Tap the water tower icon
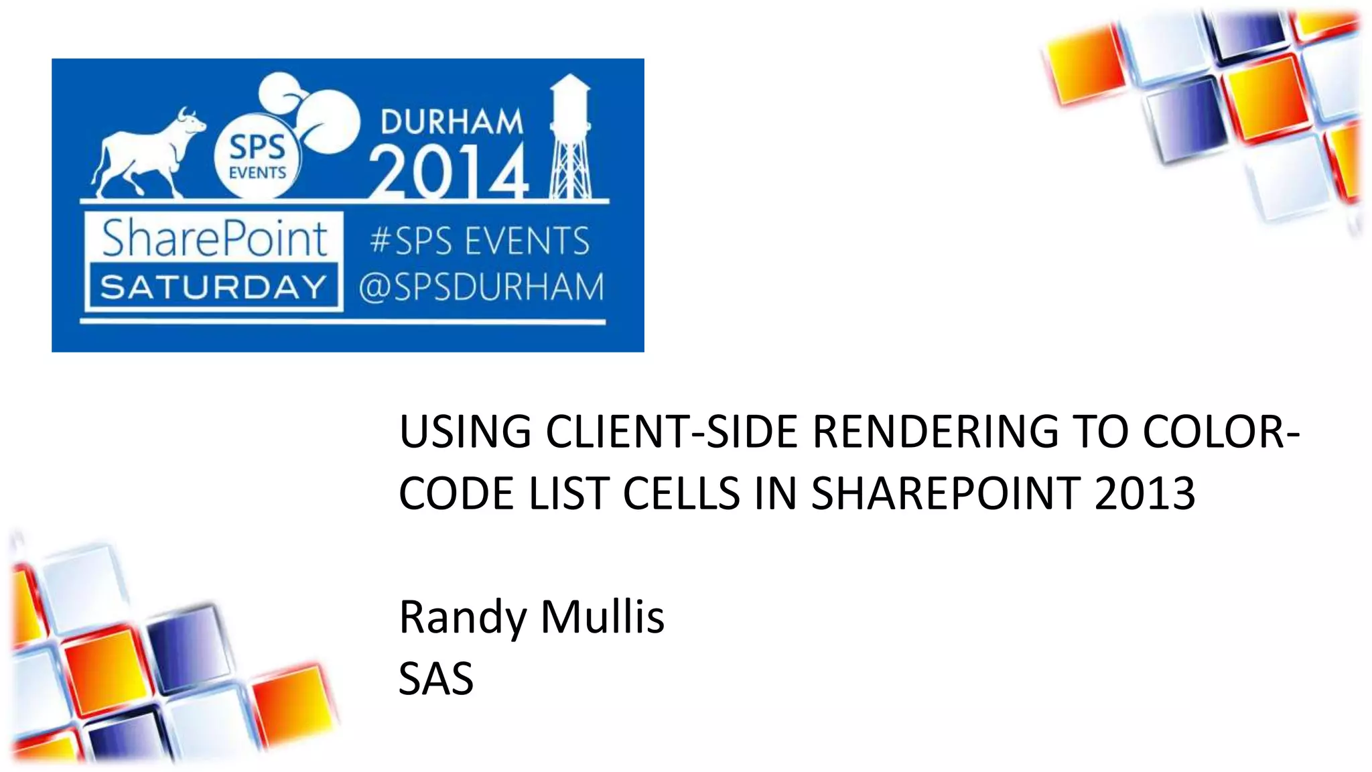570,137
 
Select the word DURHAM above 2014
452,122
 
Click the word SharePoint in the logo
214,239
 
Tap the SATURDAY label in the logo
214,287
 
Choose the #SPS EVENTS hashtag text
480,241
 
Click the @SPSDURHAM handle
481,287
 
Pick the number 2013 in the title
1145,494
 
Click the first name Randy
462,617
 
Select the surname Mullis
602,617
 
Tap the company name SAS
436,679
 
